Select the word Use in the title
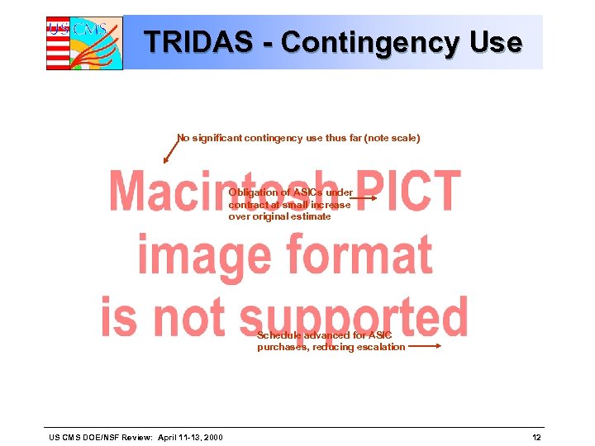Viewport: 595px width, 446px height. point(497,41)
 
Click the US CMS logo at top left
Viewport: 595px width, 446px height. point(83,42)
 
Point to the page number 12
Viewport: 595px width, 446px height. point(536,436)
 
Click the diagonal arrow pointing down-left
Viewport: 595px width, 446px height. point(171,150)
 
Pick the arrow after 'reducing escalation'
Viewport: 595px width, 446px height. point(425,347)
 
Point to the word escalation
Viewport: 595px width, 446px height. point(381,347)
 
